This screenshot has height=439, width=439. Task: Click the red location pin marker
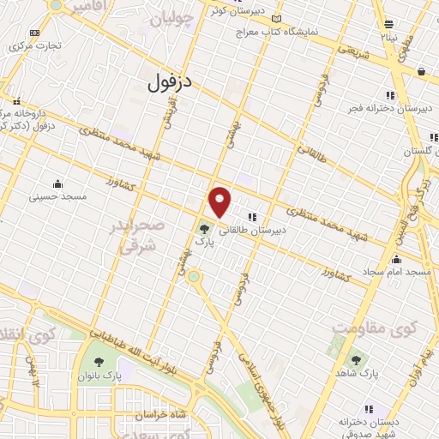tap(220, 201)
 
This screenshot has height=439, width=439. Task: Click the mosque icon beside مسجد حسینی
tap(57, 183)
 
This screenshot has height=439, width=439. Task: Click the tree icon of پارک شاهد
tap(355, 360)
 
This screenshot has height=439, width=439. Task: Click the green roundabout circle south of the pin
tap(195, 276)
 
